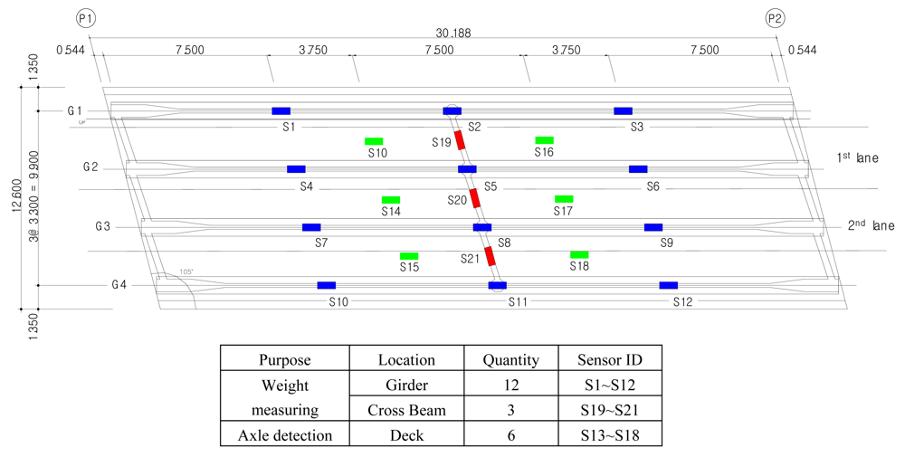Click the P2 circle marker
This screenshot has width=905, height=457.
pyautogui.click(x=776, y=18)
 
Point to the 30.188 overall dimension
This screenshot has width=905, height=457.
pyautogui.click(x=452, y=33)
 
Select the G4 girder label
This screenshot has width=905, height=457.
pyautogui.click(x=119, y=285)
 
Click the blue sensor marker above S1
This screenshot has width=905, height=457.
pyautogui.click(x=281, y=111)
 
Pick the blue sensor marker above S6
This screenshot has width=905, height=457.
pyautogui.click(x=638, y=169)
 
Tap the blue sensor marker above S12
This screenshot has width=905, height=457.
pyautogui.click(x=669, y=285)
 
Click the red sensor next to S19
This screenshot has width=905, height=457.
pyautogui.click(x=460, y=139)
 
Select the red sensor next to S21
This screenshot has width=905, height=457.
pyautogui.click(x=490, y=256)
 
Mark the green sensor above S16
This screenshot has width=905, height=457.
pyautogui.click(x=544, y=140)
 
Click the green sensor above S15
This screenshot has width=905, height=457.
pyautogui.click(x=409, y=256)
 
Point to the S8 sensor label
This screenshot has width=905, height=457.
pyautogui.click(x=504, y=243)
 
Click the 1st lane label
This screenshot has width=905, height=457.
pyautogui.click(x=857, y=158)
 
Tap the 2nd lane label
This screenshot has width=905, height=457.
pyautogui.click(x=871, y=226)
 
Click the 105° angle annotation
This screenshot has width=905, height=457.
pyautogui.click(x=187, y=271)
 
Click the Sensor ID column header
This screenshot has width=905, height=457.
pyautogui.click(x=610, y=360)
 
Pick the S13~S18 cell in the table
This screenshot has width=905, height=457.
pyautogui.click(x=610, y=435)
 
